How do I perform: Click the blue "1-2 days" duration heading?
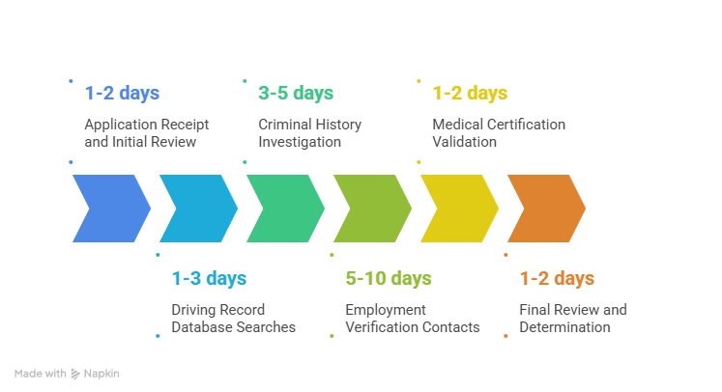pos(122,94)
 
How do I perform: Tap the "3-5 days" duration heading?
pos(296,94)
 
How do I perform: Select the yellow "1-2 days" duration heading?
pos(470,94)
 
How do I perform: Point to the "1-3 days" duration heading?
pos(209,279)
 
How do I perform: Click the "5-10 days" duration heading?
pos(389,279)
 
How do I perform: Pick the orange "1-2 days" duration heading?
pos(557,279)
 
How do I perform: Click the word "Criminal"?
pos(284,125)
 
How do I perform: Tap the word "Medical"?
pos(457,125)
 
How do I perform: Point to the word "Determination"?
pos(564,327)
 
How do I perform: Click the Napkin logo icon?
pos(74,373)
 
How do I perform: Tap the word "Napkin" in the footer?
pos(101,373)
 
